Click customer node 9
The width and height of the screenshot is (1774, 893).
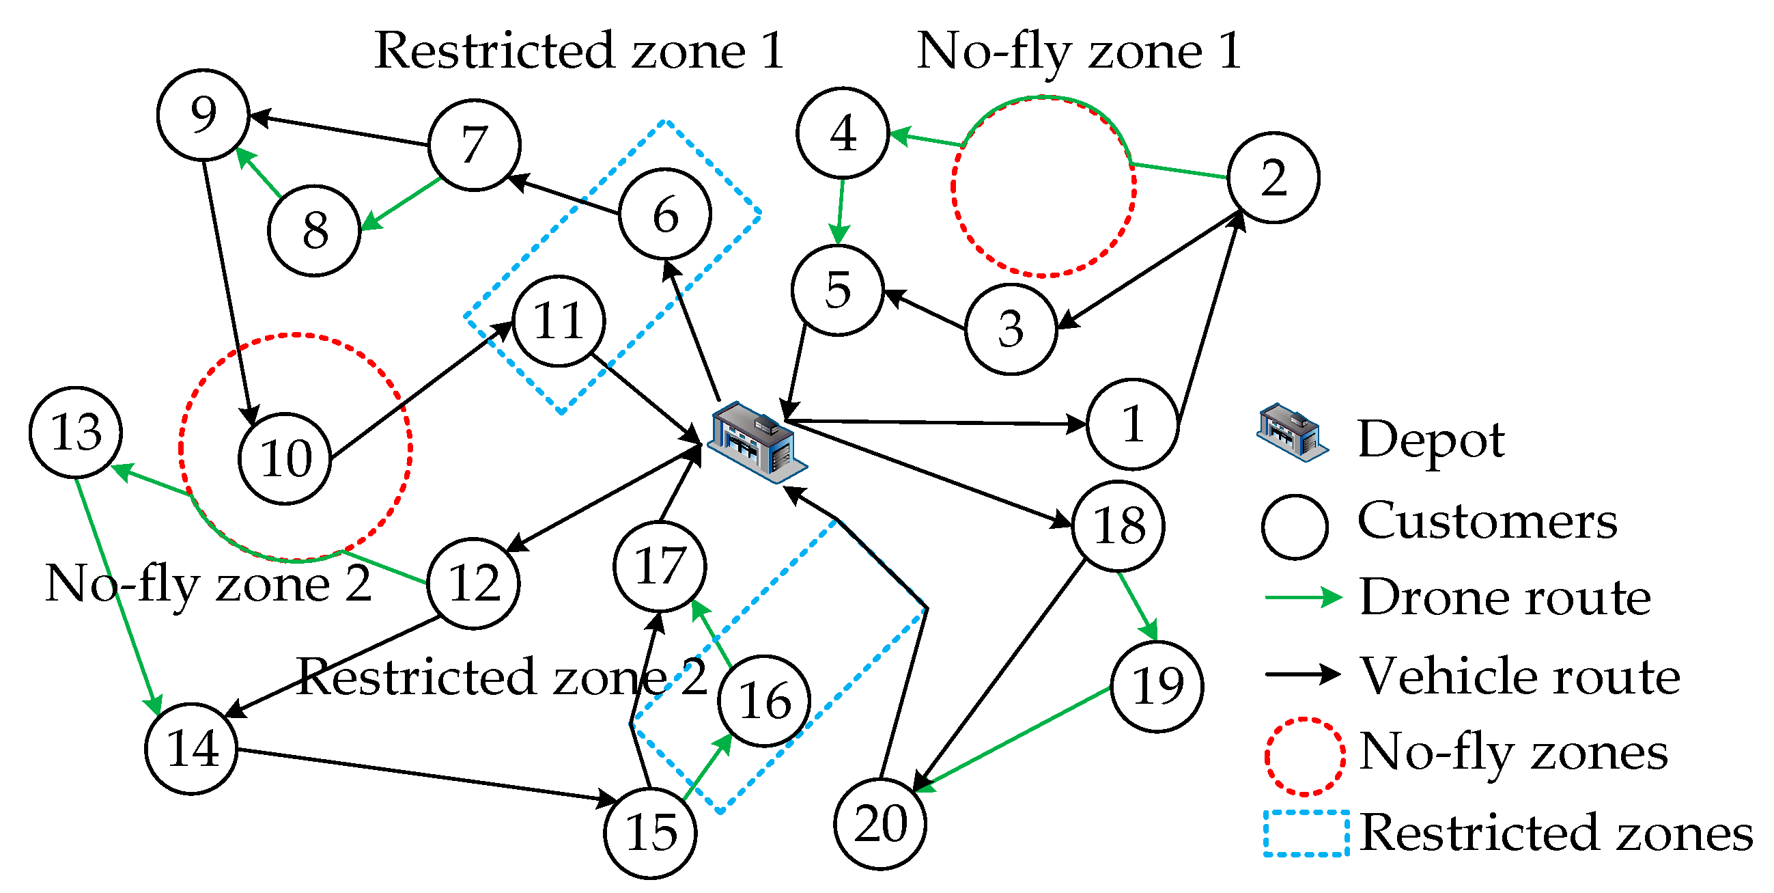tap(203, 114)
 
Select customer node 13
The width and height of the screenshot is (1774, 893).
tap(76, 432)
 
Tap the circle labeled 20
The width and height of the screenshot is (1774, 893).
tap(879, 824)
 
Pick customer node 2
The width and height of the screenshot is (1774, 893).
tap(1273, 178)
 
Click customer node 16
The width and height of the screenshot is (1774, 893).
tap(763, 701)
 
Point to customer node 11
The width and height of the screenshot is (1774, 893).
tap(559, 321)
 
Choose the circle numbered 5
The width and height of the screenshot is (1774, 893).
tap(836, 290)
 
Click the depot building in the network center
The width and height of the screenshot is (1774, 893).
tap(756, 441)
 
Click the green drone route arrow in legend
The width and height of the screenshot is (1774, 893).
tap(1303, 597)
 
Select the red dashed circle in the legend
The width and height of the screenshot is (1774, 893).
tap(1304, 756)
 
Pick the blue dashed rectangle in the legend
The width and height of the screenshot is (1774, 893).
tap(1305, 833)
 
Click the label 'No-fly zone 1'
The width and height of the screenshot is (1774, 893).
tap(1078, 51)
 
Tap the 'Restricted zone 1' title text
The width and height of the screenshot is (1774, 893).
tap(578, 51)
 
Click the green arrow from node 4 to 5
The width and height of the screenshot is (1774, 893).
tap(840, 211)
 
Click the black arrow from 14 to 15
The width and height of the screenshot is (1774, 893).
tap(427, 775)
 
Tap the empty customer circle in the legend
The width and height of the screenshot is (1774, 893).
tap(1294, 526)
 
